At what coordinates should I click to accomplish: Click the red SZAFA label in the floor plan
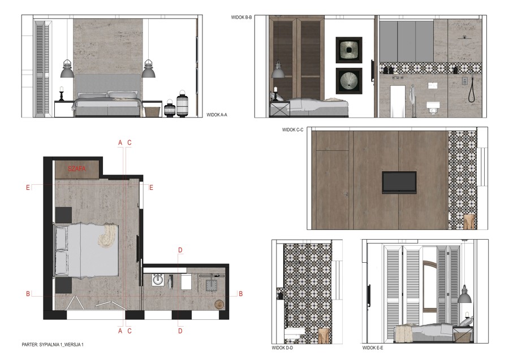click(x=77, y=168)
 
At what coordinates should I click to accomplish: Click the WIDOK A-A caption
click(x=217, y=115)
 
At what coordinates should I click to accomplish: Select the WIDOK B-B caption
click(x=241, y=17)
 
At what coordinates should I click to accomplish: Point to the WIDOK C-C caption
click(x=292, y=130)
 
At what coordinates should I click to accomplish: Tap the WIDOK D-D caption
click(x=282, y=348)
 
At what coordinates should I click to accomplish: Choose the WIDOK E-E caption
click(x=373, y=348)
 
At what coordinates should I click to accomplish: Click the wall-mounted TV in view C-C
click(x=399, y=183)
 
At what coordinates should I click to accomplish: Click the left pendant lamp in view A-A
click(x=67, y=68)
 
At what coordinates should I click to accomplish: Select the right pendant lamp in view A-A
click(x=148, y=68)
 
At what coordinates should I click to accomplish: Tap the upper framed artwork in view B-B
click(x=349, y=50)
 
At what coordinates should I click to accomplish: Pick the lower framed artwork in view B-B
click(x=349, y=81)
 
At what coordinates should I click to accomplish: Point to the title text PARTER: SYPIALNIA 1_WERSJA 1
click(x=53, y=344)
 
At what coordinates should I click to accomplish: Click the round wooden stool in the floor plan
click(x=219, y=304)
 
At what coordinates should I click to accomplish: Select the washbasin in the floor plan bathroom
click(x=158, y=280)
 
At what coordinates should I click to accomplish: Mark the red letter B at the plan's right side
click(x=240, y=294)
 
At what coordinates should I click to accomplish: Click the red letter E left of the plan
click(x=28, y=188)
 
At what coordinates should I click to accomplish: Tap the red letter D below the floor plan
click(x=180, y=331)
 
